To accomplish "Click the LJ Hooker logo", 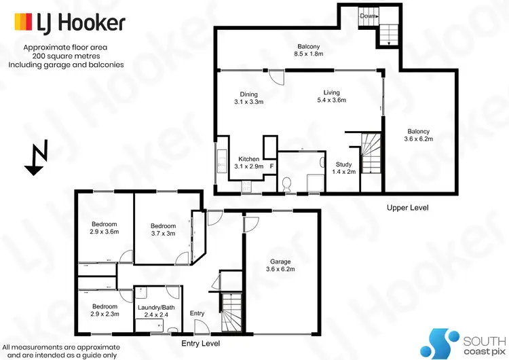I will [x=69, y=23].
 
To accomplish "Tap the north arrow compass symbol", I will [x=36, y=159].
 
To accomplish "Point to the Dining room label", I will [x=240, y=98].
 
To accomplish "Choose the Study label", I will [x=343, y=168].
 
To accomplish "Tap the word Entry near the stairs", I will [x=197, y=313].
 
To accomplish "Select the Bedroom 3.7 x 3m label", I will [x=163, y=230].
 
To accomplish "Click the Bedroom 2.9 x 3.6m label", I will [x=105, y=228].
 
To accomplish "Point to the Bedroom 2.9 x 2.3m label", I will [x=105, y=310].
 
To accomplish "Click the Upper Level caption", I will [x=408, y=207].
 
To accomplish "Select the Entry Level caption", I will [x=200, y=344].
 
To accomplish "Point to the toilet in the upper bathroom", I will [x=287, y=182].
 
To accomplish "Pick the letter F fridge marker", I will [x=271, y=166].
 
